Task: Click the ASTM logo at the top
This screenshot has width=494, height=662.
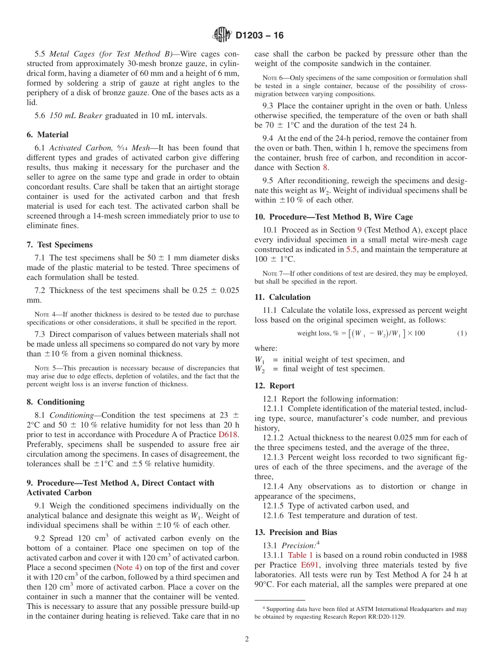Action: click(x=222, y=35)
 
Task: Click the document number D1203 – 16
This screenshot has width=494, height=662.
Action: click(x=259, y=36)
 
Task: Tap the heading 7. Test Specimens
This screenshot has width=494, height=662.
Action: click(x=59, y=245)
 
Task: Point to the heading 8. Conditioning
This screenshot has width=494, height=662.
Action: click(x=55, y=402)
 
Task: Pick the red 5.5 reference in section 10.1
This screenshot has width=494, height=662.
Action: click(x=352, y=249)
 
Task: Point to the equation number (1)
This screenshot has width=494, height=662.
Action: click(x=462, y=333)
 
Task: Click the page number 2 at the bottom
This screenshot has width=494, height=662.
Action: click(x=247, y=640)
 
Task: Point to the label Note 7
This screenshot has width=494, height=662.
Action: click(x=270, y=273)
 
